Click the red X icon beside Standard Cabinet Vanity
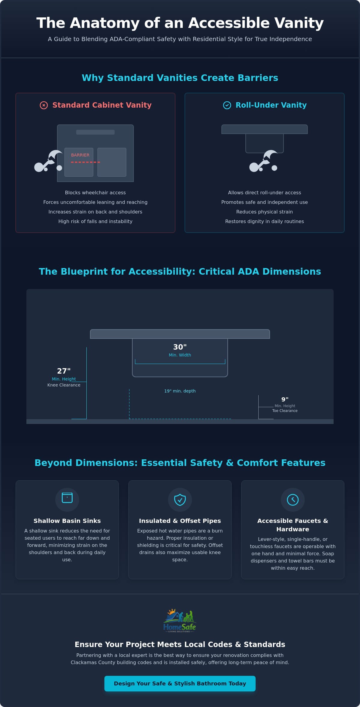[x=44, y=105]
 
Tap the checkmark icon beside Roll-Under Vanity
[x=227, y=105]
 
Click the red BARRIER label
[x=80, y=155]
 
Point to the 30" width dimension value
[x=180, y=347]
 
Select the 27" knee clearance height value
[x=64, y=371]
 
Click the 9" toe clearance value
[x=285, y=399]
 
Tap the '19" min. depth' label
[x=180, y=391]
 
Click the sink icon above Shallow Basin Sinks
[x=67, y=498]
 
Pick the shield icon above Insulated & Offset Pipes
[x=180, y=500]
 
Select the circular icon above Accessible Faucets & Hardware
[x=293, y=500]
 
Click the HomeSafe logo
[x=180, y=620]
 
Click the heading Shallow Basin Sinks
[x=67, y=521]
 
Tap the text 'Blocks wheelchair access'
[x=95, y=192]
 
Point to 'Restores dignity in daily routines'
[x=265, y=221]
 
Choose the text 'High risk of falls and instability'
[x=95, y=221]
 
